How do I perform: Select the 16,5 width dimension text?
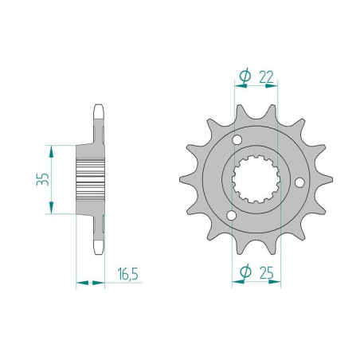(127, 275)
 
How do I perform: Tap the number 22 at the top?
(266, 76)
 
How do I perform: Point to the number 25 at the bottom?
(266, 274)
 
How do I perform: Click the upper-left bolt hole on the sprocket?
(236, 142)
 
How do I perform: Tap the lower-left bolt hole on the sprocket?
(232, 216)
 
